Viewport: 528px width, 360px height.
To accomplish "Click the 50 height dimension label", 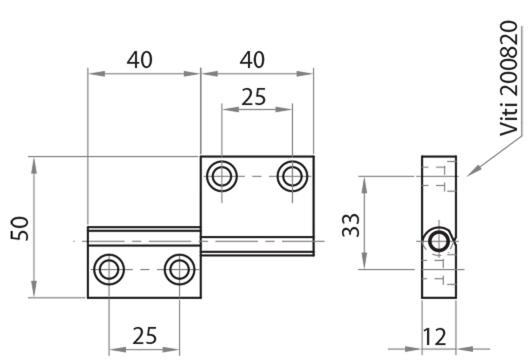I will tap(22, 228).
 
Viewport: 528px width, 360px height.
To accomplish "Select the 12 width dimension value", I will tap(436, 336).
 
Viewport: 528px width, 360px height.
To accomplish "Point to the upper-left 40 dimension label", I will tap(139, 60).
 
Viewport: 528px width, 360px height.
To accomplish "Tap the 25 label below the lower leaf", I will tap(144, 336).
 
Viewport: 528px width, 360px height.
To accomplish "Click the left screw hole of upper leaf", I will tap(222, 176).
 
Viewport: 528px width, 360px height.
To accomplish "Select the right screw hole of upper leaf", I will tap(292, 176).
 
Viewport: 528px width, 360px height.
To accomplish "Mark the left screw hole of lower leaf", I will tap(109, 270).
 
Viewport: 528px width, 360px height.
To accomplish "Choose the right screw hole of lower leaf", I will tap(179, 270).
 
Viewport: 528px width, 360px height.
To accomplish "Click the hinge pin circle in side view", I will tap(438, 240).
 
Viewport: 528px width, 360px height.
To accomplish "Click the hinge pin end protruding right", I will tap(312, 246).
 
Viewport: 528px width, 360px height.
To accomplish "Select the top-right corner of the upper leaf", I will tap(313, 157).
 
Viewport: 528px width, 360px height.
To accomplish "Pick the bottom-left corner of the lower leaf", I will tap(88, 297).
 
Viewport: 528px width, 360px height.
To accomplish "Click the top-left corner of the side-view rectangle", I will tap(422, 157).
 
